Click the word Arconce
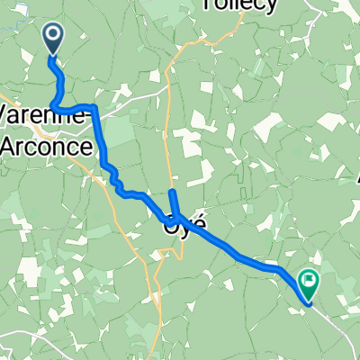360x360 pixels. coord(49,145)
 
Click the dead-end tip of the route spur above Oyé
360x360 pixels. coord(172,192)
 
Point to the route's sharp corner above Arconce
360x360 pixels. coord(94,110)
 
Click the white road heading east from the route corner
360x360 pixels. coord(135,100)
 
